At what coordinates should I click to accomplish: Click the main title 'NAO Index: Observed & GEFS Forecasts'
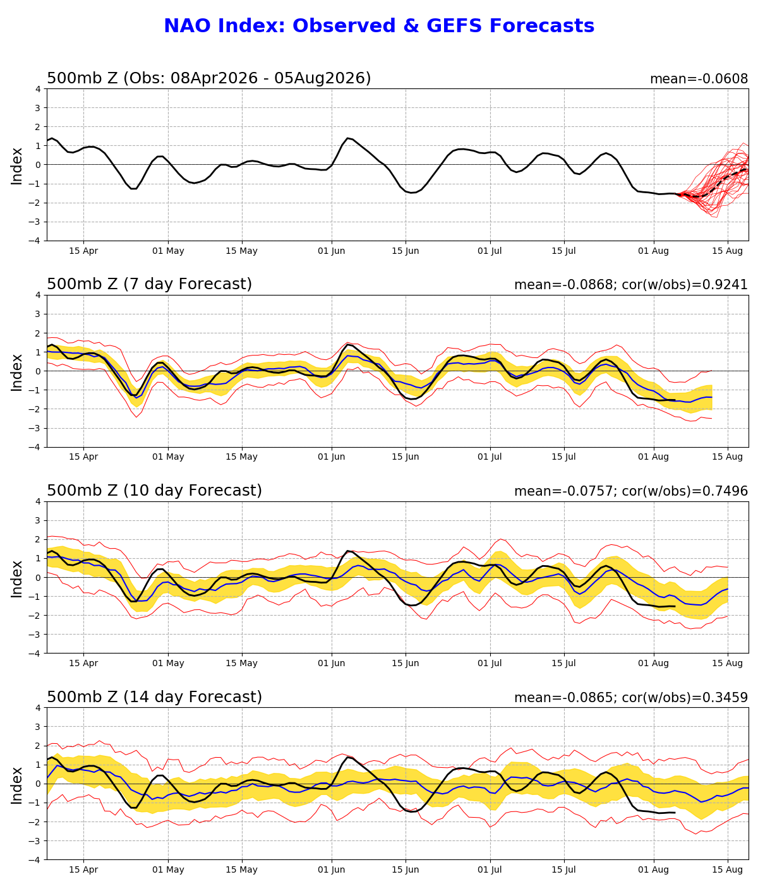[379, 26]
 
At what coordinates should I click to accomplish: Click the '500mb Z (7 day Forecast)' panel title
[149, 284]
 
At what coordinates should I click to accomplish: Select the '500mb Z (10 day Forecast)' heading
[154, 490]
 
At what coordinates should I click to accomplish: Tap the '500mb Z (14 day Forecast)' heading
[154, 696]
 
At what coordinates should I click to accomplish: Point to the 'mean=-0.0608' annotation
[699, 79]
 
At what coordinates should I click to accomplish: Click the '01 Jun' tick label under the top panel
[331, 251]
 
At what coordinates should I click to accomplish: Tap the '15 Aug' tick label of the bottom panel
[727, 870]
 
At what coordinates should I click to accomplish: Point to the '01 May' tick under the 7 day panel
[168, 457]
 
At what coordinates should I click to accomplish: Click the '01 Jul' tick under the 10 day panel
[490, 664]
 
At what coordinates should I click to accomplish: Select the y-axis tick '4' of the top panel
[38, 90]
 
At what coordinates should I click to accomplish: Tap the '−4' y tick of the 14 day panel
[35, 859]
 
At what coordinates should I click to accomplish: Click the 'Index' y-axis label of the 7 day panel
[16, 373]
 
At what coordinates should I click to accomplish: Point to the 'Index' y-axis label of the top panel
[16, 166]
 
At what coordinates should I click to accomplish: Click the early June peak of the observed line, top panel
[347, 138]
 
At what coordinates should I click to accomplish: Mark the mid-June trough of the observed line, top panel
[411, 193]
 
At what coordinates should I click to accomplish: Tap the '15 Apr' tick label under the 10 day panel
[83, 664]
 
